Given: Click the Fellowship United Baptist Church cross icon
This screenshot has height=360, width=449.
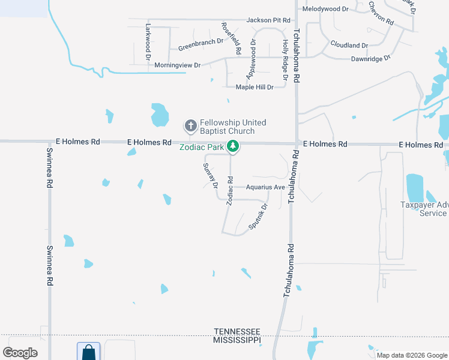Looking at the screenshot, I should pyautogui.click(x=190, y=126).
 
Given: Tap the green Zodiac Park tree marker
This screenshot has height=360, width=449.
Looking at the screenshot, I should pyautogui.click(x=233, y=146).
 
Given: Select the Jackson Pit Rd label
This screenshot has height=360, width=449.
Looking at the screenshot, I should pyautogui.click(x=268, y=20).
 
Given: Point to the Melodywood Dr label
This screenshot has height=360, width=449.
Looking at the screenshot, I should pyautogui.click(x=326, y=9).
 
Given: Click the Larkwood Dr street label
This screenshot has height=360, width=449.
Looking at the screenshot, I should pyautogui.click(x=148, y=43).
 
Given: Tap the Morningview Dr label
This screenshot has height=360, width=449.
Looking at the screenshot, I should pyautogui.click(x=177, y=64).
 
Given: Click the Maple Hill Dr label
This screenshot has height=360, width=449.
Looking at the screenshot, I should pyautogui.click(x=255, y=87).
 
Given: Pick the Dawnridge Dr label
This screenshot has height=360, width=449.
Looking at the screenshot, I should pyautogui.click(x=370, y=58).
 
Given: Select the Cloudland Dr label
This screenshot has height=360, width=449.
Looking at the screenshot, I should pyautogui.click(x=349, y=45).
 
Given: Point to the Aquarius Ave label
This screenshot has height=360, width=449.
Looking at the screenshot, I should pyautogui.click(x=265, y=187).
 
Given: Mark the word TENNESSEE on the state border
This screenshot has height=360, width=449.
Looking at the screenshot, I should pyautogui.click(x=238, y=332).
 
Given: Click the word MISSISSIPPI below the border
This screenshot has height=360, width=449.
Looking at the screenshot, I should pyautogui.click(x=238, y=340).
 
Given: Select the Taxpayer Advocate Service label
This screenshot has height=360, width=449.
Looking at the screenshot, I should pyautogui.click(x=424, y=209).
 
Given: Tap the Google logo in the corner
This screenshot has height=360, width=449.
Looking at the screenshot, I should pyautogui.click(x=20, y=353).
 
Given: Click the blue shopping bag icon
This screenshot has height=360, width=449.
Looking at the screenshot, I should pyautogui.click(x=89, y=352).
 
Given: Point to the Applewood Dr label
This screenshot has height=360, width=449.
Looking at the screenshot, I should pyautogui.click(x=250, y=59).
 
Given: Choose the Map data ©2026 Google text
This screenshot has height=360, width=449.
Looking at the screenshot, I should pyautogui.click(x=411, y=355).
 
